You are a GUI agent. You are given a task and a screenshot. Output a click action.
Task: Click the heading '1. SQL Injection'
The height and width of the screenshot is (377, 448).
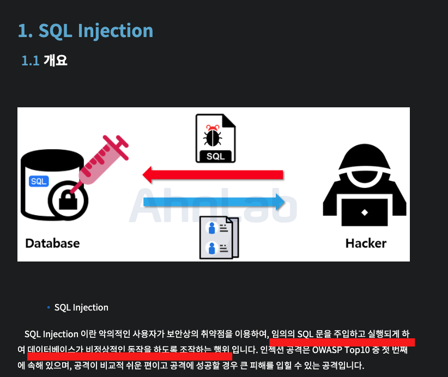(86, 31)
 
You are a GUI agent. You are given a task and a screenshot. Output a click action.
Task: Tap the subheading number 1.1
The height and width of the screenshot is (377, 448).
(30, 60)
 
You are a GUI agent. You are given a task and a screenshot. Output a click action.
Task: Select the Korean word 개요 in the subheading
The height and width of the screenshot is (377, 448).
(55, 60)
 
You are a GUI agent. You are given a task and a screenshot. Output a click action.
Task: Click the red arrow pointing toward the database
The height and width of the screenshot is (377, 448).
(213, 175)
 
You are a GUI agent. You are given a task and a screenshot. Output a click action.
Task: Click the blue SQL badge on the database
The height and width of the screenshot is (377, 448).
(39, 181)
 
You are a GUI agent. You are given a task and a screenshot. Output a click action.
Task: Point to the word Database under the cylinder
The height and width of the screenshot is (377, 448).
(52, 243)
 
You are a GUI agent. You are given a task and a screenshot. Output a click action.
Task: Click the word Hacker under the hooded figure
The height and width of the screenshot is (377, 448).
(366, 243)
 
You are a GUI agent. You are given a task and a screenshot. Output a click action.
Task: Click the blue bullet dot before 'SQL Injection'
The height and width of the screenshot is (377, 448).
(49, 308)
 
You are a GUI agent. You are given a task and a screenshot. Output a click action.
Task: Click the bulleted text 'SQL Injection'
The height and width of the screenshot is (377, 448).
(81, 308)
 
